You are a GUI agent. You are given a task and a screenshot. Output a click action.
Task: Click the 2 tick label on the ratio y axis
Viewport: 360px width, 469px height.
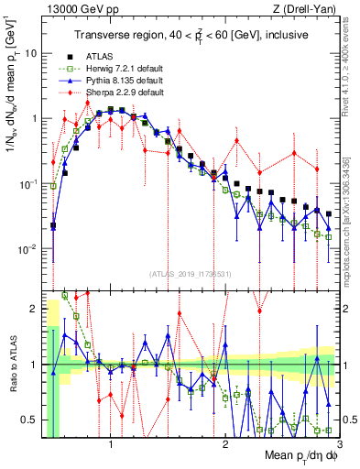pos(33,308)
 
